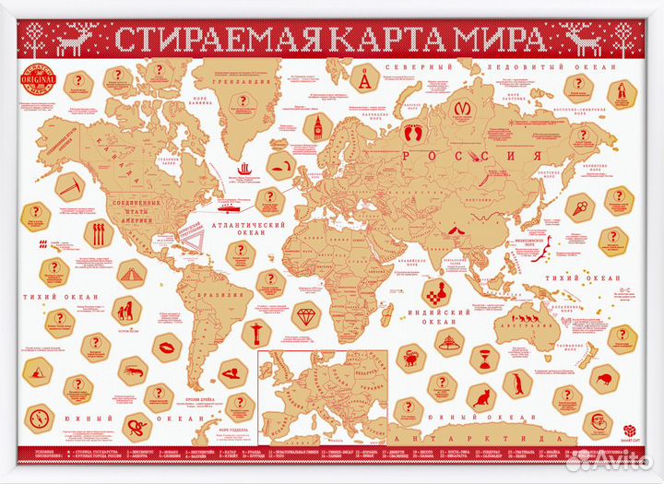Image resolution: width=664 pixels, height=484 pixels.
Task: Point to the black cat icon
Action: [480, 398]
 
